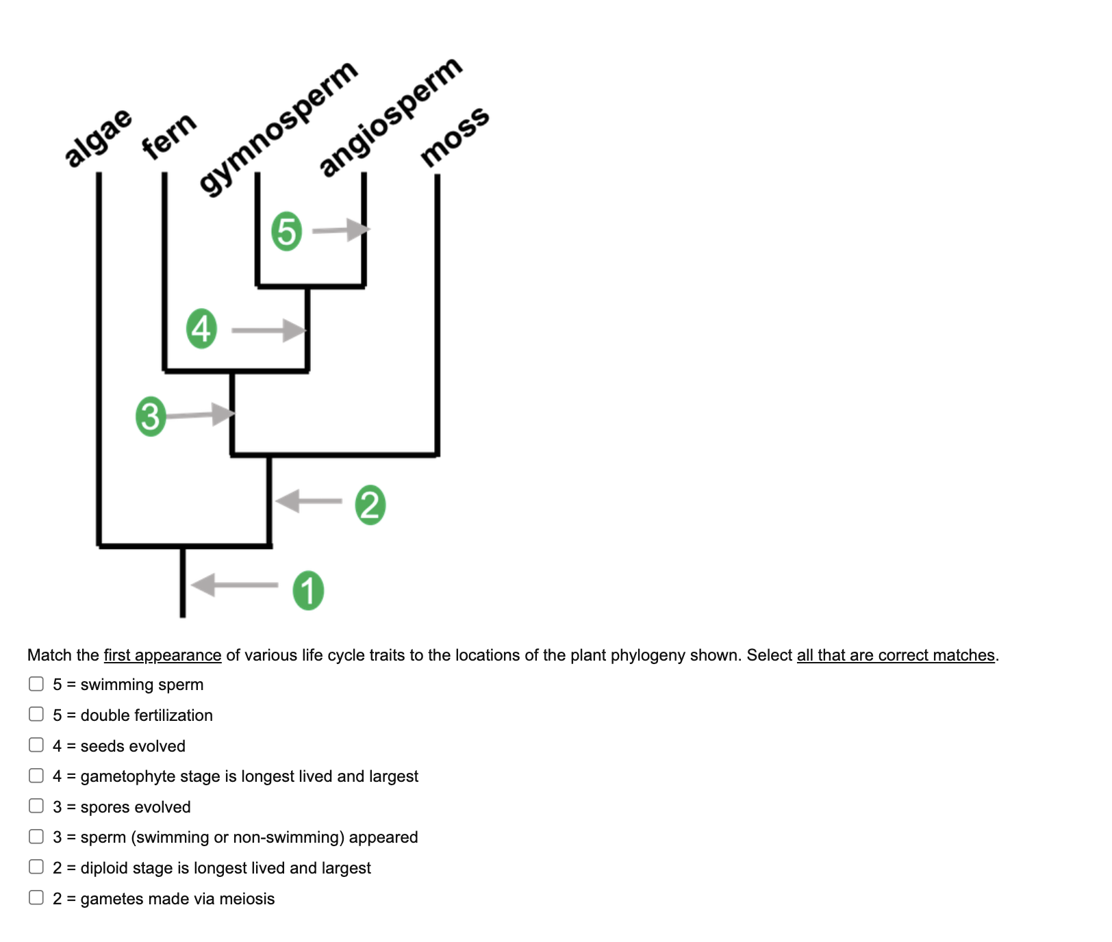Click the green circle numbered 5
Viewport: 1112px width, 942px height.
point(286,231)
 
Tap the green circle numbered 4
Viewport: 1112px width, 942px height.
point(201,329)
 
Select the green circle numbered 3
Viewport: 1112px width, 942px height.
point(151,416)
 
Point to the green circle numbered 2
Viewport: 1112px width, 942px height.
point(370,505)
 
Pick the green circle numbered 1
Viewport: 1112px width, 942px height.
point(308,590)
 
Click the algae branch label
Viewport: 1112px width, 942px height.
point(98,137)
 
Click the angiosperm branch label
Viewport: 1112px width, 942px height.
point(390,116)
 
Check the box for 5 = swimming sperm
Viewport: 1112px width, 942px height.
point(36,684)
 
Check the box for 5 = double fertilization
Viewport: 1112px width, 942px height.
point(36,714)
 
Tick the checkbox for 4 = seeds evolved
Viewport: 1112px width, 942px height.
point(36,745)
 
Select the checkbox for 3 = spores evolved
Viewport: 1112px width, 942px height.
point(36,806)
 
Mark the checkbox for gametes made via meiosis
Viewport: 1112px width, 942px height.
point(36,898)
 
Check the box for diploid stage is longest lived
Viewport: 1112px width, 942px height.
point(36,867)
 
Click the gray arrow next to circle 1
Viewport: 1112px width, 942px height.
point(234,585)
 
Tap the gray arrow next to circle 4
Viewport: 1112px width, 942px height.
point(268,331)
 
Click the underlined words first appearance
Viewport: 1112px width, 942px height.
point(162,655)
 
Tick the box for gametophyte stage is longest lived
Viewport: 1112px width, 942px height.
point(36,775)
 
